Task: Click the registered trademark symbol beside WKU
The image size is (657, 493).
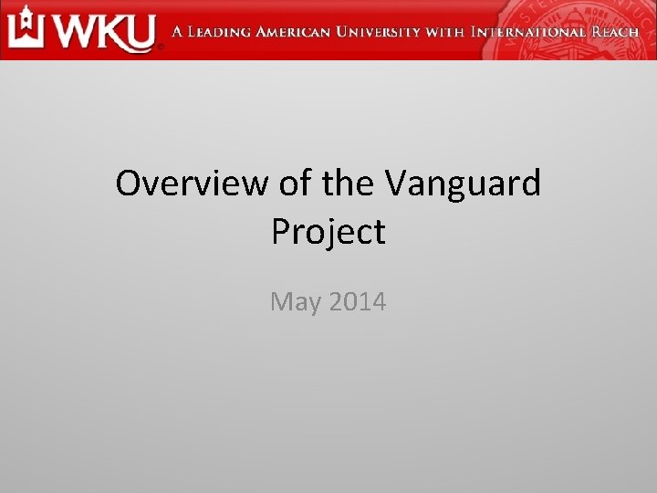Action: pyautogui.click(x=162, y=47)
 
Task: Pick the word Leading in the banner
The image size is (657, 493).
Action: pyautogui.click(x=218, y=32)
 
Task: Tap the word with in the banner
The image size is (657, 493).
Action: pyautogui.click(x=445, y=32)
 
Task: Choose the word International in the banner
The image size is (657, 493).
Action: pyautogui.click(x=527, y=32)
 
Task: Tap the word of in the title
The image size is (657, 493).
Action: pyautogui.click(x=294, y=184)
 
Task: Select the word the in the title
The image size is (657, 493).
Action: pyautogui.click(x=348, y=184)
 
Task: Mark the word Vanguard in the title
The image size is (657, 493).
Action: pyautogui.click(x=463, y=185)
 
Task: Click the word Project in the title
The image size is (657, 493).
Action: pyautogui.click(x=328, y=233)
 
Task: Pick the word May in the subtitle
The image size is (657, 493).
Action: pyautogui.click(x=293, y=301)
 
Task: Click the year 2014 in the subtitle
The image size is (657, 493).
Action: pyautogui.click(x=356, y=300)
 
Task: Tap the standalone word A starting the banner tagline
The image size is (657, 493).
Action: pyautogui.click(x=179, y=32)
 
